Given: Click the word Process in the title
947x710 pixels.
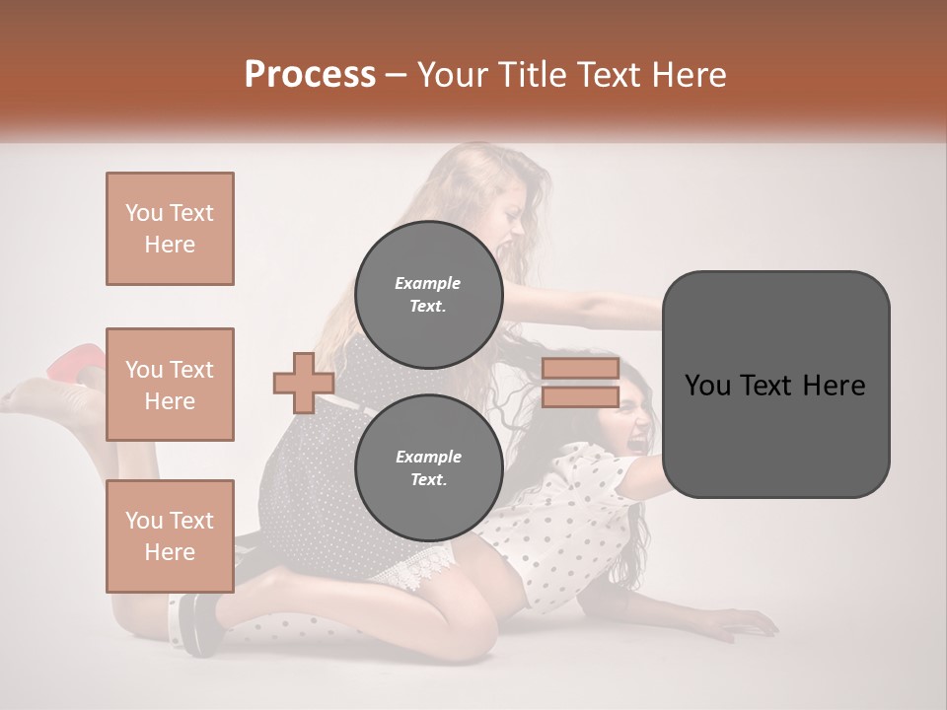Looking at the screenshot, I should (310, 75).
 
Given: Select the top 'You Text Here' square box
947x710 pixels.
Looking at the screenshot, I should (170, 229).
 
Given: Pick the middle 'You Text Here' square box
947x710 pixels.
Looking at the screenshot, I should (170, 385).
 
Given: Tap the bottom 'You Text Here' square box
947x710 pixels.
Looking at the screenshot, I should (170, 536).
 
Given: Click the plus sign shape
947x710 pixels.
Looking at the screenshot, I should (304, 383).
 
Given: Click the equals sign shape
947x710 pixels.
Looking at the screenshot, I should (580, 383).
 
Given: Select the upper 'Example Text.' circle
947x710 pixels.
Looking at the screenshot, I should (428, 294).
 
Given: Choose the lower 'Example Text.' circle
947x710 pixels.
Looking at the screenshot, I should (428, 468).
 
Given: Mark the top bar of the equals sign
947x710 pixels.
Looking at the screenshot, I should (580, 369).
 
